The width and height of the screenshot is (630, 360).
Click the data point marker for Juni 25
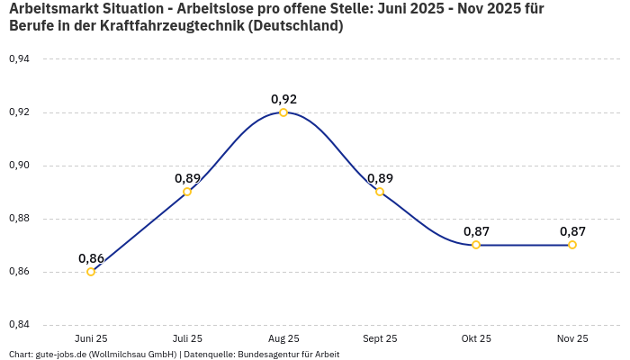[91, 272]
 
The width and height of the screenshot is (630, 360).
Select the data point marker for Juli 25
[187, 192]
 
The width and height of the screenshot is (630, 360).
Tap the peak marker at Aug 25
[283, 112]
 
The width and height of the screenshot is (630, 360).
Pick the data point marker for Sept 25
[380, 192]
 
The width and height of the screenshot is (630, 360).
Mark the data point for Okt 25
[476, 245]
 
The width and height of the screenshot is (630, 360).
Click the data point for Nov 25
[572, 245]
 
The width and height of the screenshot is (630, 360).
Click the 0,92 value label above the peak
[283, 99]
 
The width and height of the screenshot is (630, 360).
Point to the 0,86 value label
[91, 258]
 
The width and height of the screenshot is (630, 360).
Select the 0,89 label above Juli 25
[187, 178]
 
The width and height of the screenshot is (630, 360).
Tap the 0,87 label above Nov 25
[572, 231]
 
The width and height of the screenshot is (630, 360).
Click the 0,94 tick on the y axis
[19, 59]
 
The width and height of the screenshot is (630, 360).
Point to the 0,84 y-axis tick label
[19, 325]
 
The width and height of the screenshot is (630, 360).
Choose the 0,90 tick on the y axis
[19, 166]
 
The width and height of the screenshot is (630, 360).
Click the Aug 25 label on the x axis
[283, 338]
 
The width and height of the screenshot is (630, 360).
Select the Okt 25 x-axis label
[476, 338]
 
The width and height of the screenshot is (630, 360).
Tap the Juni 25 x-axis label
[91, 338]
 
